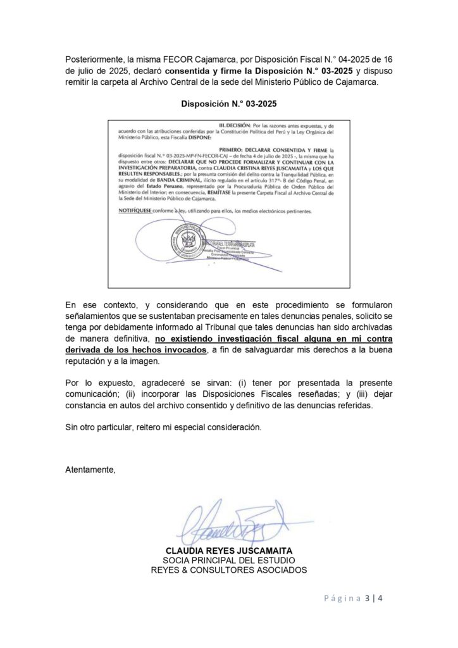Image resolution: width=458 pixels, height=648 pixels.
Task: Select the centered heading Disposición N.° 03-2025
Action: (228, 104)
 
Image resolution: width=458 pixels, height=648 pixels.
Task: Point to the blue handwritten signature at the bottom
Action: (231, 523)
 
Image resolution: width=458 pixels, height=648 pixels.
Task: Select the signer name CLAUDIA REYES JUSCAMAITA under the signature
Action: (228, 551)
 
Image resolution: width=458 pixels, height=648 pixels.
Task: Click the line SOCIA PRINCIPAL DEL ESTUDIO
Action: (228, 561)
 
